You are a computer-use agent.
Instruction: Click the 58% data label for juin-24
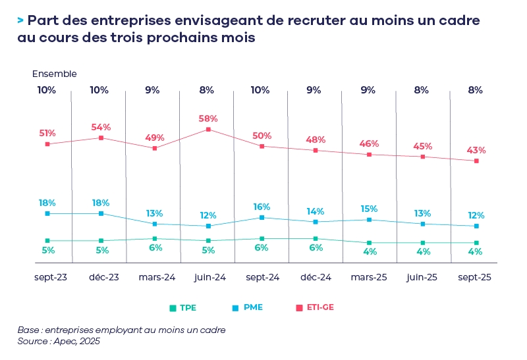click(208, 118)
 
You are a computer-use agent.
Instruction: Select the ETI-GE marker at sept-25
click(476, 161)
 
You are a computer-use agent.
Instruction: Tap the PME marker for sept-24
click(262, 217)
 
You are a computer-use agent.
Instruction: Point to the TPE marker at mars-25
click(369, 243)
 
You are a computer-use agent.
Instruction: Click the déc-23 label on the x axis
click(104, 278)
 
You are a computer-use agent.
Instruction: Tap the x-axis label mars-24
click(157, 278)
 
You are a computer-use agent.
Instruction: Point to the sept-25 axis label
click(474, 278)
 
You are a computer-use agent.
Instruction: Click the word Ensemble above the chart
click(55, 74)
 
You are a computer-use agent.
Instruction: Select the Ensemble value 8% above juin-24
click(206, 90)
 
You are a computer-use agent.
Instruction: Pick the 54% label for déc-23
click(101, 127)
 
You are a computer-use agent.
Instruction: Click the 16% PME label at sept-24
click(262, 207)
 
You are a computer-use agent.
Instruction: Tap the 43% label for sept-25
click(476, 150)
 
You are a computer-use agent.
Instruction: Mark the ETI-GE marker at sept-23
click(47, 143)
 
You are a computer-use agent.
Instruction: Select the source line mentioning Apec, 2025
click(59, 341)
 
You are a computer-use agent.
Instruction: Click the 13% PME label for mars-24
click(154, 213)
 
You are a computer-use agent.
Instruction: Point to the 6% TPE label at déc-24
click(316, 248)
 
